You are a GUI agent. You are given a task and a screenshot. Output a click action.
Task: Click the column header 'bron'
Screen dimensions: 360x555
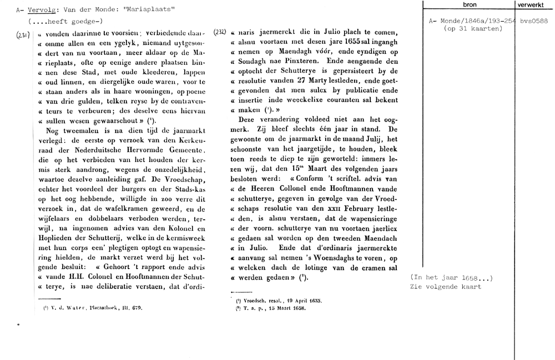click(x=470, y=4)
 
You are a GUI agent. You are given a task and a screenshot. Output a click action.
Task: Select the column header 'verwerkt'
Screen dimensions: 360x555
click(x=534, y=4)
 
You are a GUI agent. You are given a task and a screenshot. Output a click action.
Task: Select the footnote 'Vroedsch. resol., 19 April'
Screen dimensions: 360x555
click(x=278, y=300)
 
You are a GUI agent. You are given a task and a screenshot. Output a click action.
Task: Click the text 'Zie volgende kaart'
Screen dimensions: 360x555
click(x=446, y=287)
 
